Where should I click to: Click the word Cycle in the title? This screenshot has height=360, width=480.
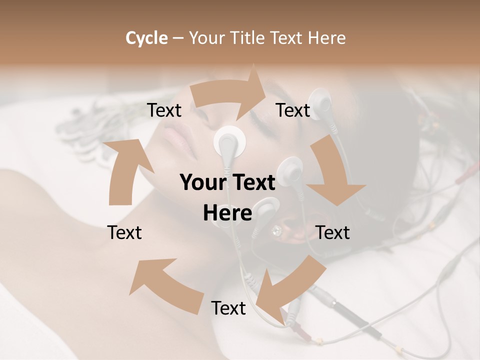[x=146, y=38]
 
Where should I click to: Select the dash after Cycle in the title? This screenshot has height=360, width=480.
[x=177, y=38]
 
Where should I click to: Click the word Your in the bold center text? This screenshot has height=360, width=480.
[x=201, y=183]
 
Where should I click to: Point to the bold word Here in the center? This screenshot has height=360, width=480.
[x=227, y=213]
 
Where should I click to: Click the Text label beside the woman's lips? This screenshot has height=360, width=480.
[x=164, y=110]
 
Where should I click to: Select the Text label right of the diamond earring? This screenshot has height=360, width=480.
[x=333, y=232]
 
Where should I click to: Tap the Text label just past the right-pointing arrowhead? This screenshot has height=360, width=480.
[x=293, y=110]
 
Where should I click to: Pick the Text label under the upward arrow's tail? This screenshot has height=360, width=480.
[x=124, y=232]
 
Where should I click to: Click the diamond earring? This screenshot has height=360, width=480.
[x=276, y=230]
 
